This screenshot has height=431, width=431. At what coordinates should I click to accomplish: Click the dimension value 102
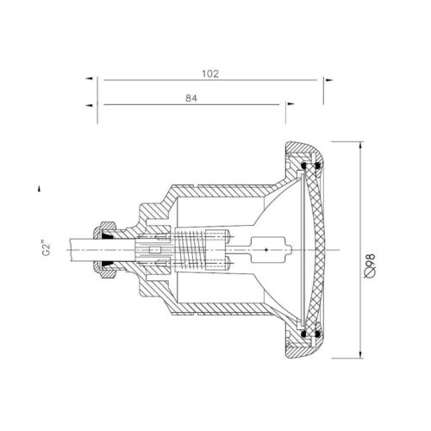210,74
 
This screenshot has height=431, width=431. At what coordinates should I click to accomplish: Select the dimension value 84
191,98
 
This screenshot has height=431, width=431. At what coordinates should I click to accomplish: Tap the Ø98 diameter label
370,265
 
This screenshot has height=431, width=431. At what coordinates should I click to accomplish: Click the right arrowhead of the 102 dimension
329,80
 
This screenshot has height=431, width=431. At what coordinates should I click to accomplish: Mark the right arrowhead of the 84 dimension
291,103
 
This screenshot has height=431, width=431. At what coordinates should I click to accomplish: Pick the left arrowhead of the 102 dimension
90,78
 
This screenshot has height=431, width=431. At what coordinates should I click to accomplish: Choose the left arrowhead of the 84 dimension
90,105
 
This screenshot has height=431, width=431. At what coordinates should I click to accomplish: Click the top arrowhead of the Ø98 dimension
360,146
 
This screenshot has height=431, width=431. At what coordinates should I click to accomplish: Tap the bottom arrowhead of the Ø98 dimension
360,354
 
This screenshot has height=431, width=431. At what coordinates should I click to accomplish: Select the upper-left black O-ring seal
303,166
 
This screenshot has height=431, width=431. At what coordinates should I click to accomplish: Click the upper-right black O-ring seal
317,166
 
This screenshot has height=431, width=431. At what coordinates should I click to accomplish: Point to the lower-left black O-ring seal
303,334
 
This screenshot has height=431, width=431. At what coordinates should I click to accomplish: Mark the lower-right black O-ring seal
317,334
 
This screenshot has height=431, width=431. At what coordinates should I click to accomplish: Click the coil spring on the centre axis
190,250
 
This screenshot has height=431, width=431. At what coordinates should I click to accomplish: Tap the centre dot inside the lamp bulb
266,250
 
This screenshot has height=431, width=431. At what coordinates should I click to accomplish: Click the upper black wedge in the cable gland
107,236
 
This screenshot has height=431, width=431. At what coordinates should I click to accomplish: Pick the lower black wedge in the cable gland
107,264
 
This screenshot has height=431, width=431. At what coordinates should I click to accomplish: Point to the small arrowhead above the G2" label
39,188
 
